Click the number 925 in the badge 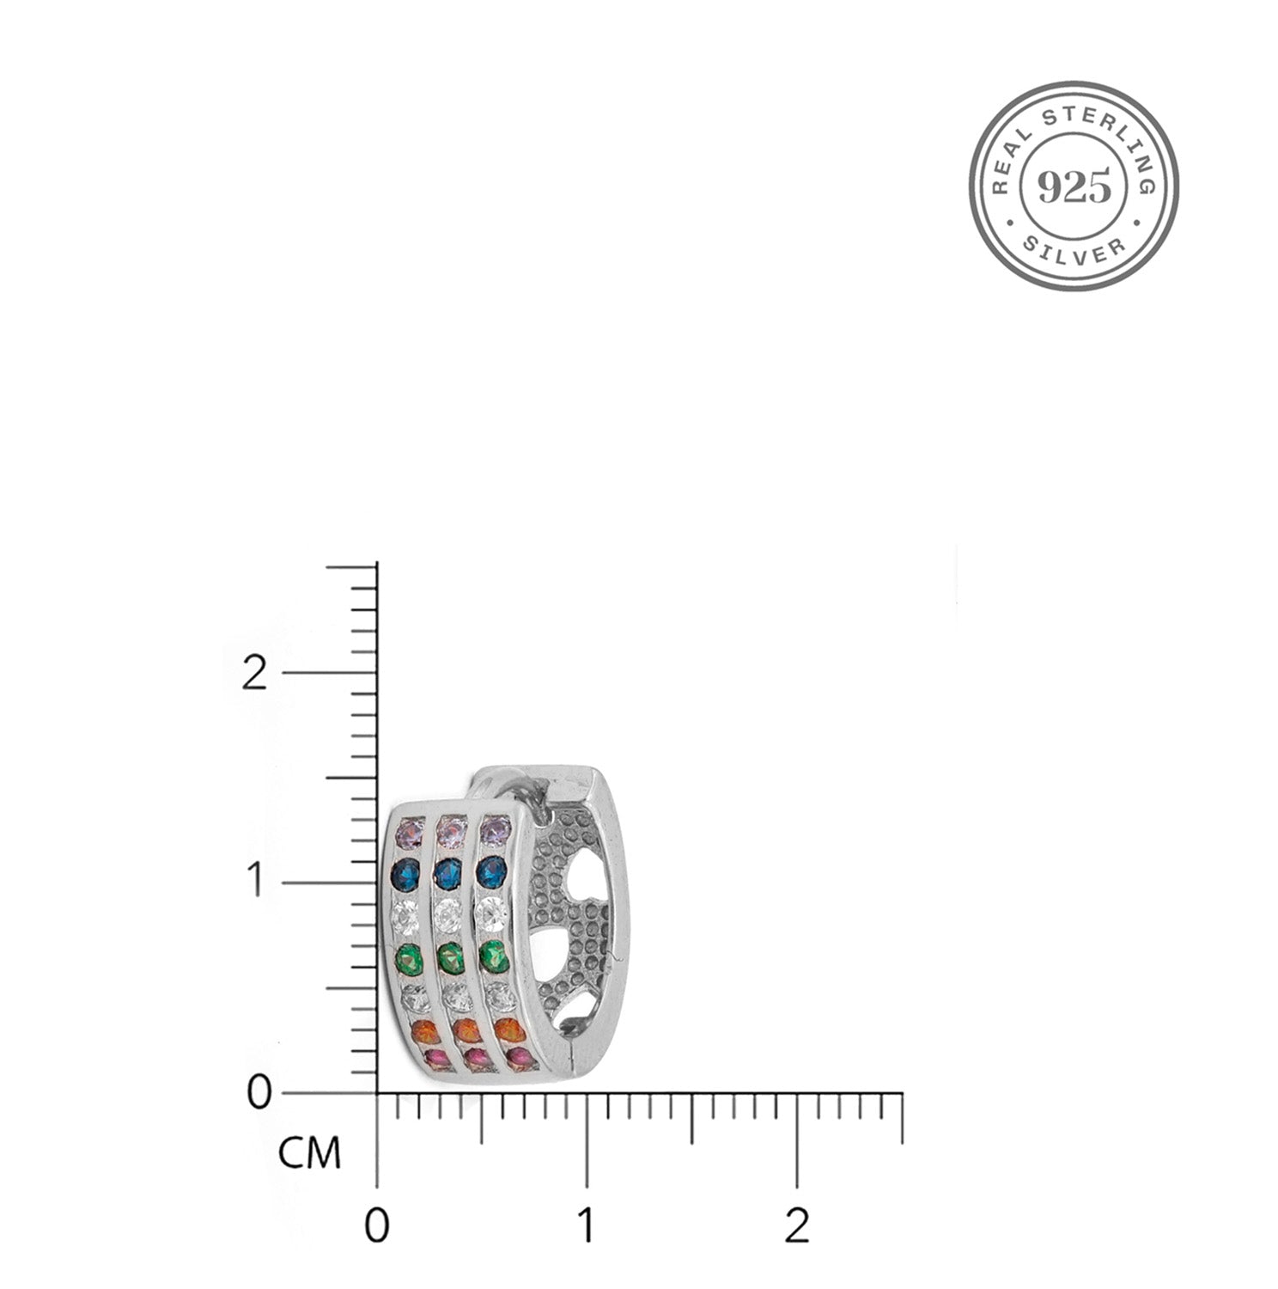(x=1074, y=186)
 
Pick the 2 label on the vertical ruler (x=253, y=673)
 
